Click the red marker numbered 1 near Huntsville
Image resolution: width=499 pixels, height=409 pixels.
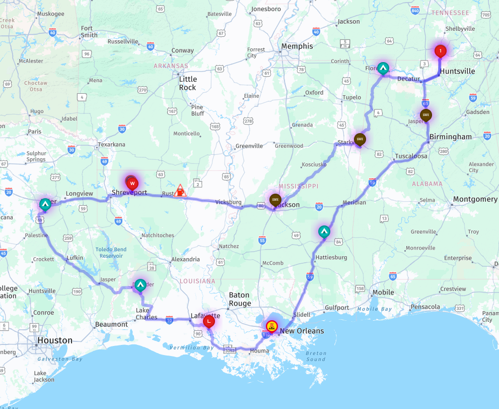tap(441, 50)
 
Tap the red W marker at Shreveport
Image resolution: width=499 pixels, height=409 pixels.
tap(132, 183)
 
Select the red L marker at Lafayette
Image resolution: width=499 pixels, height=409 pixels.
tap(208, 321)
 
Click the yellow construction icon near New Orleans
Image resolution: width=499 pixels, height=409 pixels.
tap(271, 325)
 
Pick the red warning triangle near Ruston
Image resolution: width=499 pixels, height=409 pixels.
tap(180, 191)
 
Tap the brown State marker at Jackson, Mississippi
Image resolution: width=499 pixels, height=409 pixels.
tap(275, 199)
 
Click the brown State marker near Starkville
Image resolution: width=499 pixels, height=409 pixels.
tap(360, 139)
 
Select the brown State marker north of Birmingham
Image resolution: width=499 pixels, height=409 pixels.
tap(426, 115)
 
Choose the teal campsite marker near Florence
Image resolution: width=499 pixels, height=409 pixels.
tap(383, 68)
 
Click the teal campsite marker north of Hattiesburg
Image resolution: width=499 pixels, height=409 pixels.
tap(324, 231)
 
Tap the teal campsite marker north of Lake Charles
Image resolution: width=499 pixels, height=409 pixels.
tap(140, 285)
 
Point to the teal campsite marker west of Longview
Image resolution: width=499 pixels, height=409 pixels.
tap(45, 204)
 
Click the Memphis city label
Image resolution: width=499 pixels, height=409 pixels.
tap(297, 46)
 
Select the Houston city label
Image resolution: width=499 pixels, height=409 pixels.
tap(55, 340)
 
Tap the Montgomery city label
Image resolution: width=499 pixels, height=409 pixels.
tap(475, 200)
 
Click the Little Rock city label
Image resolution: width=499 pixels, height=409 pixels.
tap(188, 83)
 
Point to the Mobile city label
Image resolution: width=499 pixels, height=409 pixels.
tap(383, 293)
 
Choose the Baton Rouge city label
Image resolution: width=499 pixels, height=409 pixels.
tap(240, 299)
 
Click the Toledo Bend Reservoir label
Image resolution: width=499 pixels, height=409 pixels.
tap(111, 253)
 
